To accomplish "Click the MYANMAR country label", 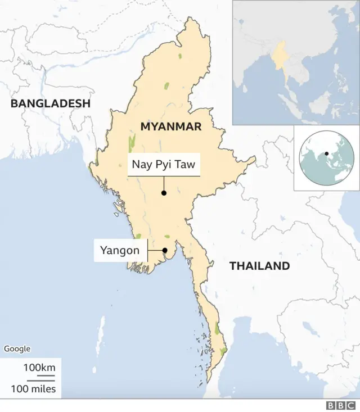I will click(x=170, y=127).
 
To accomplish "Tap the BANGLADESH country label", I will click(x=50, y=103).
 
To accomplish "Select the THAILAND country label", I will click(x=259, y=266).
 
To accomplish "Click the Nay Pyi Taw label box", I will click(x=163, y=165).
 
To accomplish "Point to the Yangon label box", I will click(x=119, y=250).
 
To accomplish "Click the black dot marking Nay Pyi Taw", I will click(x=164, y=193).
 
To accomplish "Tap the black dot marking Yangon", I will click(x=165, y=251).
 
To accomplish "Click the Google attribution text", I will click(x=17, y=349).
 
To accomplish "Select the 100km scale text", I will click(x=39, y=368).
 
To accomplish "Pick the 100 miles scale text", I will click(x=33, y=388).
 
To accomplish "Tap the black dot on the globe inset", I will click(x=326, y=153).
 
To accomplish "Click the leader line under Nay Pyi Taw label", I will click(x=164, y=184).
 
